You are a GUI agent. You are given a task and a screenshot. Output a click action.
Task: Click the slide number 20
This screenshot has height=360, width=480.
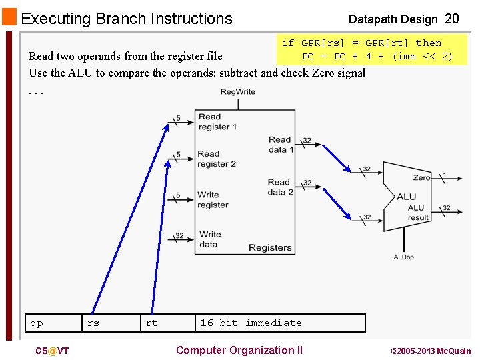pos(452,19)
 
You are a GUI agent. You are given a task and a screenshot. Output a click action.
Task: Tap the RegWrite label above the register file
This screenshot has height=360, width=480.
pos(237,91)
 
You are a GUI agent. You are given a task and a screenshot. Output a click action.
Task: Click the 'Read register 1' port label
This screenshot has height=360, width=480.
pos(217,122)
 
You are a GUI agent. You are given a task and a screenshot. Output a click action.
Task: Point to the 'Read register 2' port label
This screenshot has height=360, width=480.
pos(217,159)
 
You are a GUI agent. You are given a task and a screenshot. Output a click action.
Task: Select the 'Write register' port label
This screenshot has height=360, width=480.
pos(213,200)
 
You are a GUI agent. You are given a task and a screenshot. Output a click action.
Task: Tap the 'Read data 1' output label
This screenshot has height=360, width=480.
pos(280,145)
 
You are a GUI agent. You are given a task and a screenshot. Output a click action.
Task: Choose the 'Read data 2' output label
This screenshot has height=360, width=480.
pos(280,187)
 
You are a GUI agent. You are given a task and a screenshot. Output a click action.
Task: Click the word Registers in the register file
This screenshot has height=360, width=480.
pos(270,248)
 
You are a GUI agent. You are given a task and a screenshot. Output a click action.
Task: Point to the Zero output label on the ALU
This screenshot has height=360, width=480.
pos(421,178)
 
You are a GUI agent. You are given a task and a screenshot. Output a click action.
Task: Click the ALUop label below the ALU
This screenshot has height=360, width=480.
pos(403,257)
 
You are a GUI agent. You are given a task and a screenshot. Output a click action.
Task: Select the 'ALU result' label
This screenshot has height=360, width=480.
pos(418,213)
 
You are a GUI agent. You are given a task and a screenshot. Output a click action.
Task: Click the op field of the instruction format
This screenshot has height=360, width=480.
pos(37,323)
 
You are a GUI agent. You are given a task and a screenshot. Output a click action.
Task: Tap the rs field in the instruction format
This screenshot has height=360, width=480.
pos(93,323)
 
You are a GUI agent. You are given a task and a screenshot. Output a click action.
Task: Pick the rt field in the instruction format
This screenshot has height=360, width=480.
pos(152,323)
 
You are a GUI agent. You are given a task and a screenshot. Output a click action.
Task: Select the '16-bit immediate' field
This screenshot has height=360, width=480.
pos(251,323)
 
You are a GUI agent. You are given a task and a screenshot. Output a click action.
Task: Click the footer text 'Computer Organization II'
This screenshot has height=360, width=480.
pos(239,351)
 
